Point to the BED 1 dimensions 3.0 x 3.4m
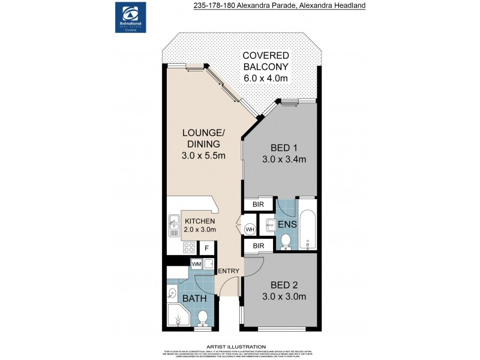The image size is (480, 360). click(284, 160)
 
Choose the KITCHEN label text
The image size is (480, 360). click(200, 221)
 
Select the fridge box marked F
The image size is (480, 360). click(207, 248)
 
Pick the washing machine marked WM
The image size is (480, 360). click(196, 263)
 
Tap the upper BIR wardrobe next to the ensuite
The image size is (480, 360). click(257, 205)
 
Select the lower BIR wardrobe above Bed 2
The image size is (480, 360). click(257, 245)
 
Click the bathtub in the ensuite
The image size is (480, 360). click(307, 229)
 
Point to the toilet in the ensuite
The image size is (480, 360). click(286, 241)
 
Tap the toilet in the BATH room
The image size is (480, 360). click(203, 317)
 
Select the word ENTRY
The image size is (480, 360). click(229, 271)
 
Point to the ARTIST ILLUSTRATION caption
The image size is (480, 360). click(236, 347)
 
